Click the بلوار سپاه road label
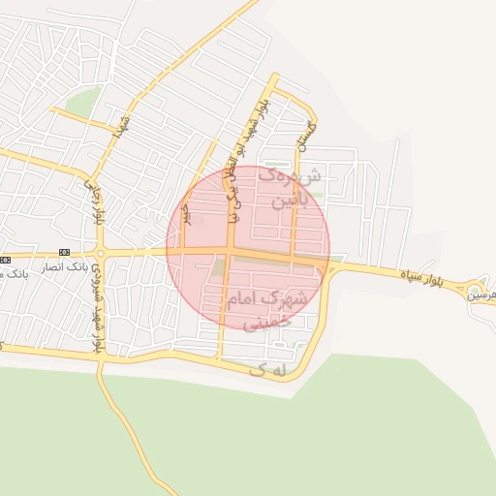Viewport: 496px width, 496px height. pos(424,276)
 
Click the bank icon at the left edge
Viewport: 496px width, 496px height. pos(5,260)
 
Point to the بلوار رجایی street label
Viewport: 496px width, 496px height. pos(97,201)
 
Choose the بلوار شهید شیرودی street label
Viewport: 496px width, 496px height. pos(96,315)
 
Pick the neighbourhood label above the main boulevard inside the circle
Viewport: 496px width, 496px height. pos(282,189)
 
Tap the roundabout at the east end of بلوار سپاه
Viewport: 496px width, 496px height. pos(474,290)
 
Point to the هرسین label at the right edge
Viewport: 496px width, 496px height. pos(483,294)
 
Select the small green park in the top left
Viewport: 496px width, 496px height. pos(83,101)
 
